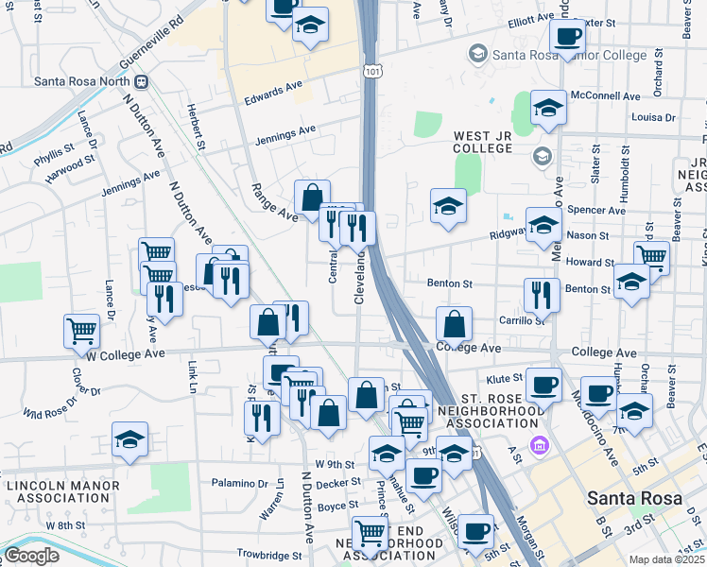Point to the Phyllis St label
(x=52, y=150)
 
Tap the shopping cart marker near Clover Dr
(x=82, y=330)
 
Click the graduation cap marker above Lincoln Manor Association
(x=130, y=439)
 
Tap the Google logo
(x=30, y=556)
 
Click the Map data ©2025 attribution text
(x=666, y=559)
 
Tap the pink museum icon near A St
(x=539, y=445)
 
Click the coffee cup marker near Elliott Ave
(x=567, y=36)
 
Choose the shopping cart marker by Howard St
(x=651, y=256)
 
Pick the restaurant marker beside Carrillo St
(x=542, y=294)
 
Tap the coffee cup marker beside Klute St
(x=543, y=384)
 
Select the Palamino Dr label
(x=241, y=481)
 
